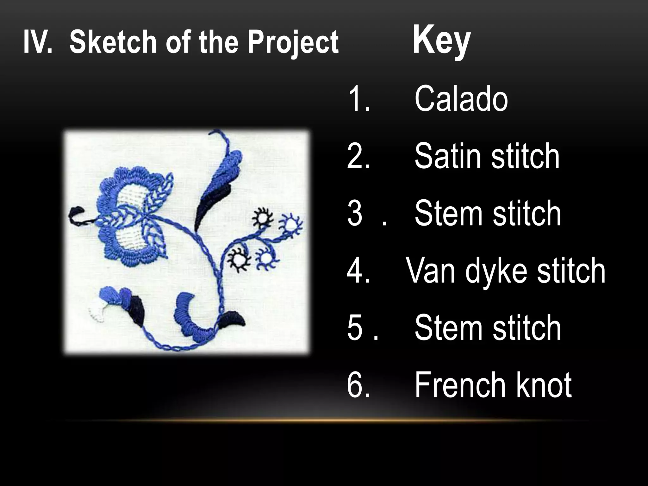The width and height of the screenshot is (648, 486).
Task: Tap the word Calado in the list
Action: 461,99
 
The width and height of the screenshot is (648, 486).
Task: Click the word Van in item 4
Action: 430,271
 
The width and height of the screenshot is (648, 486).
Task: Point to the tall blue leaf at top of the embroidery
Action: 221,168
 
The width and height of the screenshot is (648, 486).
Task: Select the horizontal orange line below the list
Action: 326,420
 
